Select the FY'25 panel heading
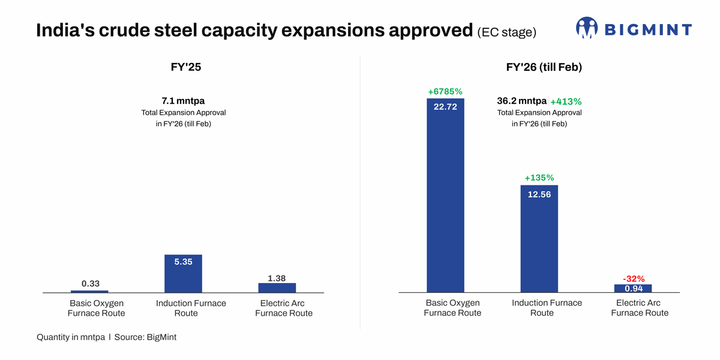186,67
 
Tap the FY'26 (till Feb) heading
544,67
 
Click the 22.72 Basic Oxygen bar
445,198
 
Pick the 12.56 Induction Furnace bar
539,240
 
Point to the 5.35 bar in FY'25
183,274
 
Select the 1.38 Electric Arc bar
277,287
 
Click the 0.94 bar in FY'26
633,289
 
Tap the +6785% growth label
445,92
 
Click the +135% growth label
539,178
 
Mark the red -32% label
634,278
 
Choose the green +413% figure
566,101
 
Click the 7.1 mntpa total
183,101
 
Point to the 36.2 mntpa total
521,101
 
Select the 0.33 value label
91,283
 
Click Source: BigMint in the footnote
145,337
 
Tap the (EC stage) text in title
506,32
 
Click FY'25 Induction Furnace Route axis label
191,308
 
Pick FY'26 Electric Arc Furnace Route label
640,308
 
